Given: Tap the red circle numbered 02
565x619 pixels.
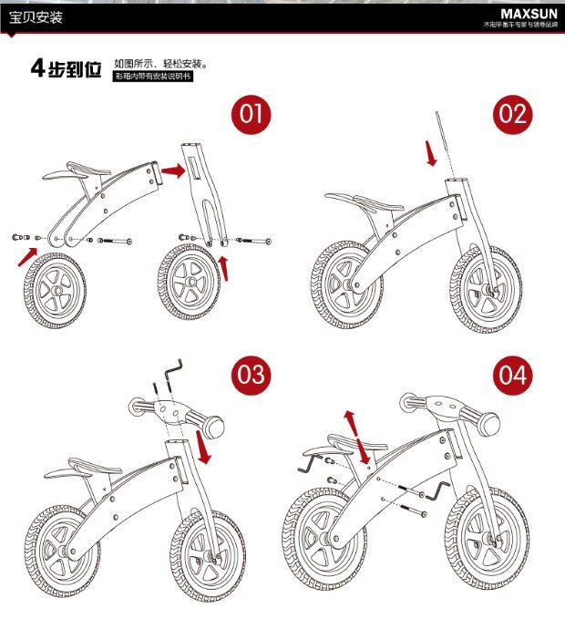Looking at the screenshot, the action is pos(513,115).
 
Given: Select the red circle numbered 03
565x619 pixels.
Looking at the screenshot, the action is pos(252,375).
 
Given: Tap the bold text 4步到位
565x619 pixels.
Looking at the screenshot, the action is pos(67,68).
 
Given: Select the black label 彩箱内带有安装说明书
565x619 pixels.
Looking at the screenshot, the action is pos(153,77).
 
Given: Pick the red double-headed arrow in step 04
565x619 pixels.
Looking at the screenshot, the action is pos(355,436).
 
